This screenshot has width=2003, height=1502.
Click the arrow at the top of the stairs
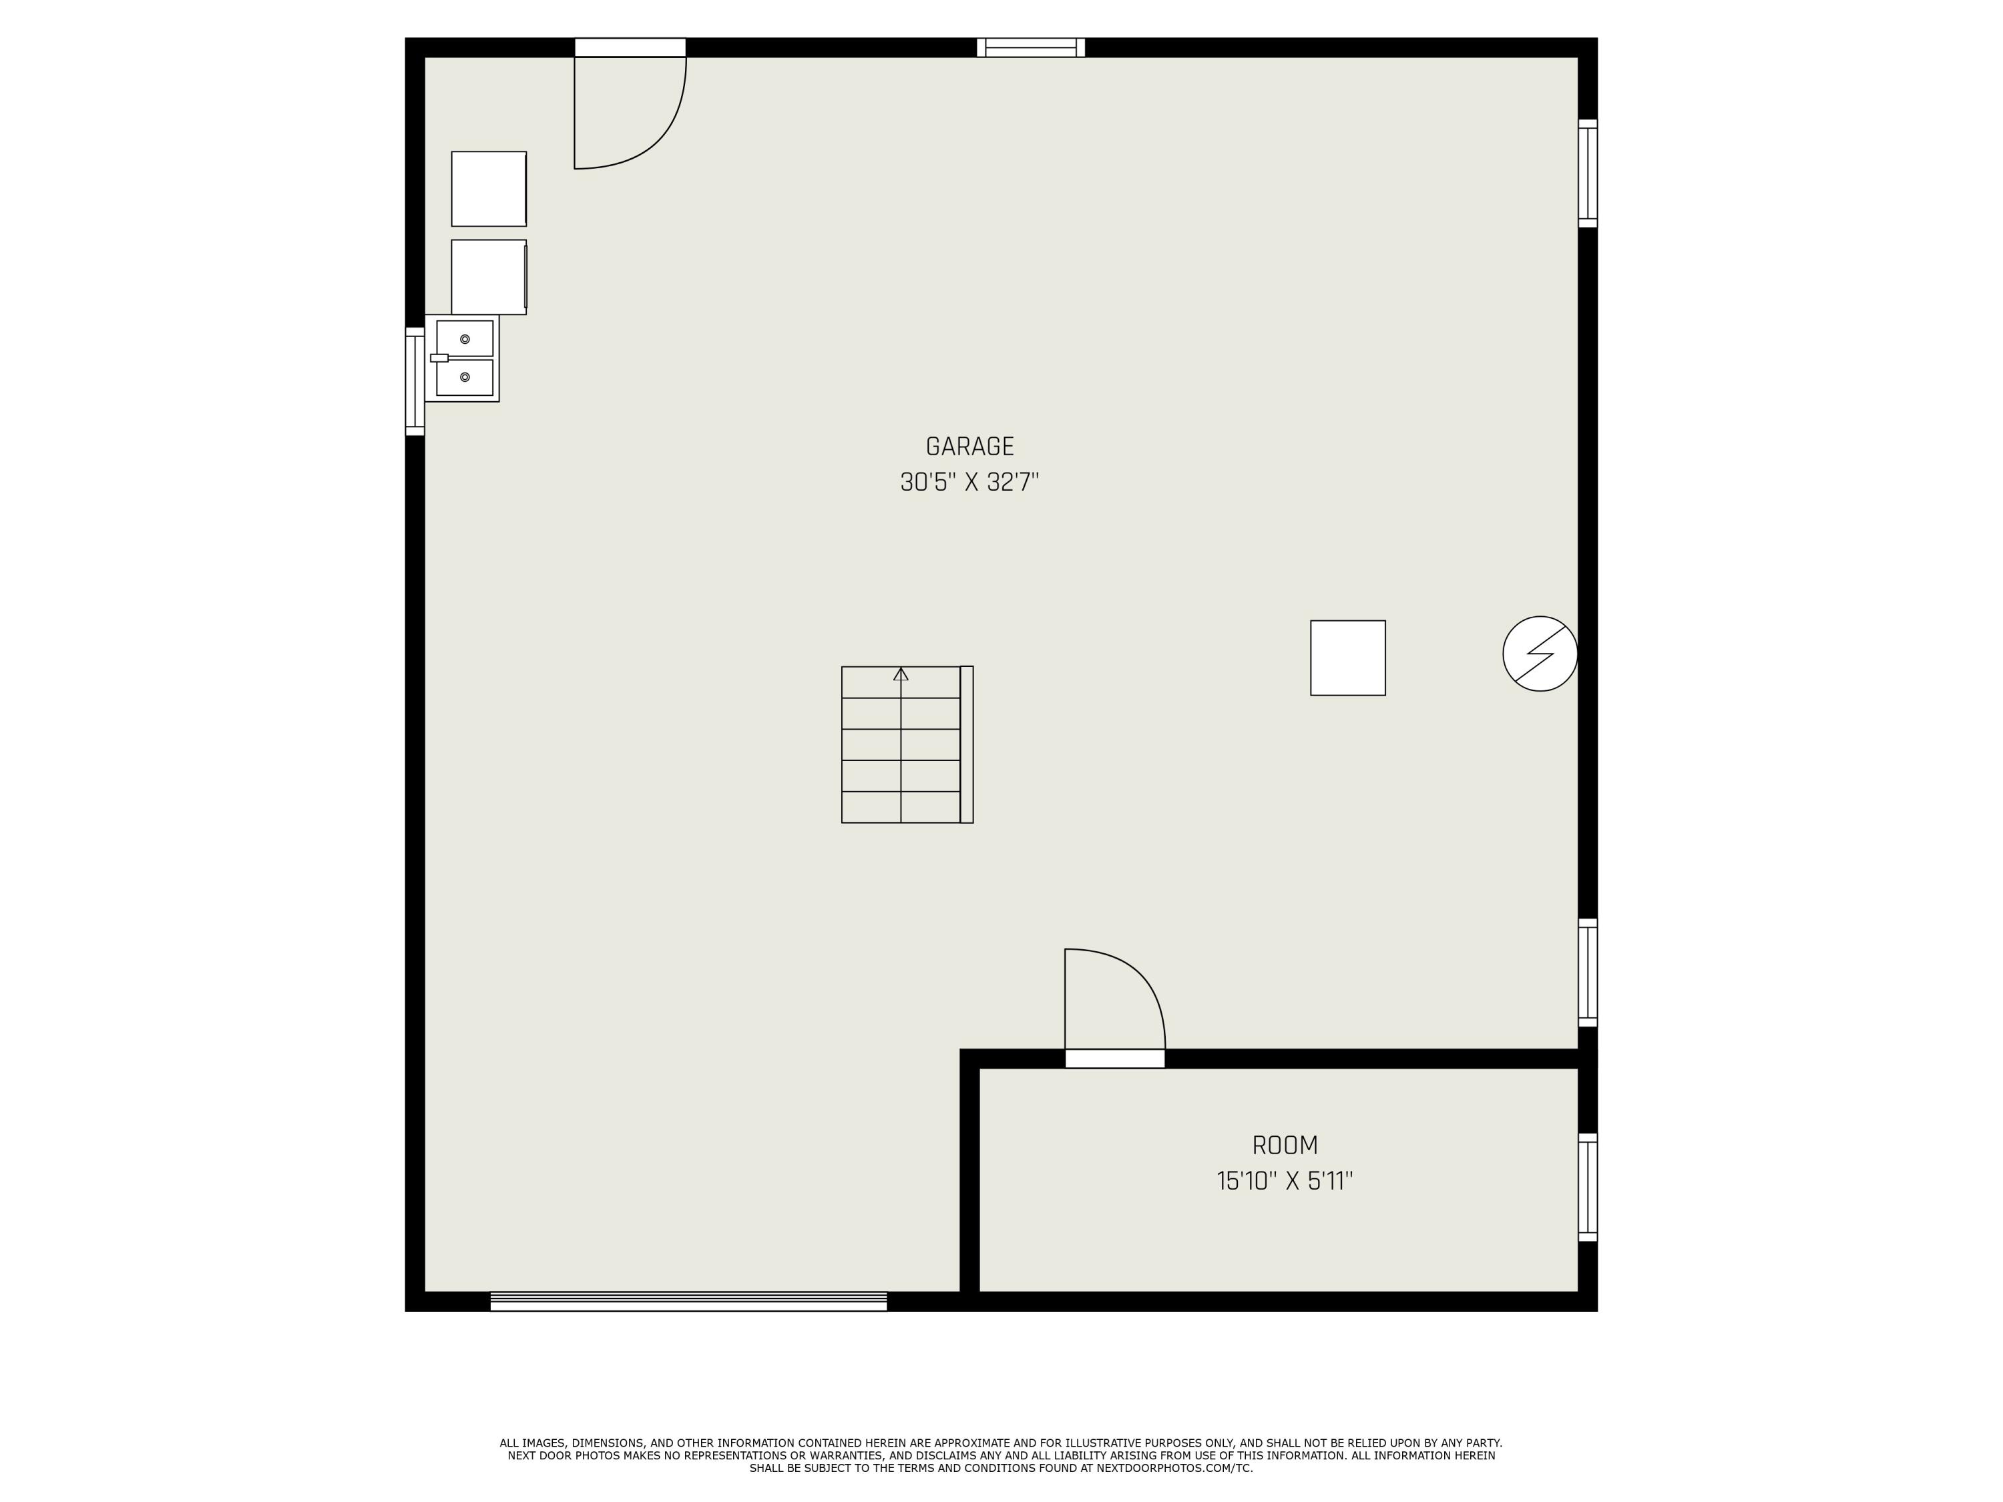pyautogui.click(x=900, y=674)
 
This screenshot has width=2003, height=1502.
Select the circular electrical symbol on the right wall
pyautogui.click(x=1540, y=654)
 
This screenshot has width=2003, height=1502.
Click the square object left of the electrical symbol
pyautogui.click(x=1347, y=658)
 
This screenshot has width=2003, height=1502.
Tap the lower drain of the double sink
pyautogui.click(x=465, y=377)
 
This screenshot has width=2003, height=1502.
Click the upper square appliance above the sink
pyautogui.click(x=488, y=188)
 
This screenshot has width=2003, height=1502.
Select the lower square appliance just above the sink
pyautogui.click(x=488, y=277)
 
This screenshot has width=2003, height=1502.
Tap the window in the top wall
pyautogui.click(x=1030, y=47)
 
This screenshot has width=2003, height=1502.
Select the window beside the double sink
pyautogui.click(x=414, y=381)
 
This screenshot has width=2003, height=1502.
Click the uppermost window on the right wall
pyautogui.click(x=1587, y=173)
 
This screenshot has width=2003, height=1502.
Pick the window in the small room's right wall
pyautogui.click(x=1587, y=1187)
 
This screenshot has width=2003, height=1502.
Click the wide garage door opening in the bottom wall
pyautogui.click(x=688, y=1301)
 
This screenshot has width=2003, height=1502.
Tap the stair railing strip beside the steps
pyautogui.click(x=966, y=744)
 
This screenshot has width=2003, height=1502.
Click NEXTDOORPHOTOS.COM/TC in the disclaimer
pyautogui.click(x=1174, y=1467)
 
